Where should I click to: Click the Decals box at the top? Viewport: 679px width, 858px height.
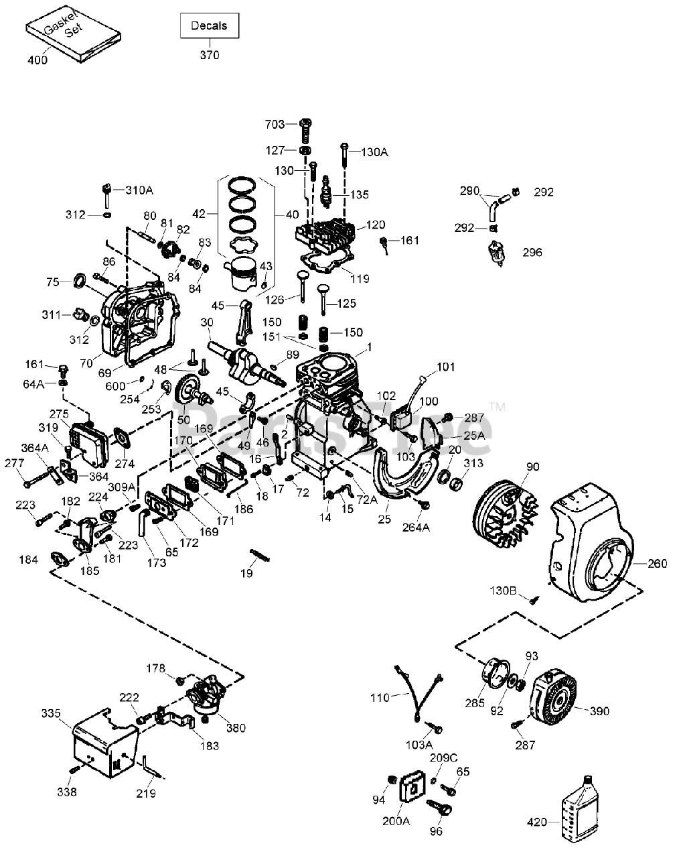pyautogui.click(x=209, y=26)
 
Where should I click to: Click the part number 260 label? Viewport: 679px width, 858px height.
pyautogui.click(x=657, y=563)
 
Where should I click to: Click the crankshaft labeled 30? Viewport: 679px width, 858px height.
pyautogui.click(x=237, y=359)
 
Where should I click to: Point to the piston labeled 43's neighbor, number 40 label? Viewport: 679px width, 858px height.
pyautogui.click(x=292, y=214)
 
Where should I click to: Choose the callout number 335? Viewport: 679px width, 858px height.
pyautogui.click(x=50, y=712)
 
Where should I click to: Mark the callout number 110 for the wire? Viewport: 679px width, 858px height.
pyautogui.click(x=380, y=697)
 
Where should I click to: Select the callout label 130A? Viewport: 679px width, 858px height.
pyautogui.click(x=374, y=152)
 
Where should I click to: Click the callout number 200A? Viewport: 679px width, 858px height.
pyautogui.click(x=396, y=820)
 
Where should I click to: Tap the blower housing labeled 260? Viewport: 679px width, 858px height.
pyautogui.click(x=589, y=550)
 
